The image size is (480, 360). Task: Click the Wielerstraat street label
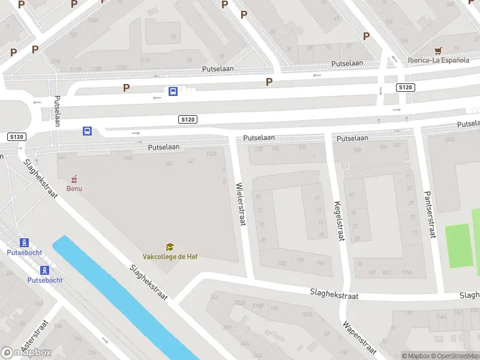point(241,205)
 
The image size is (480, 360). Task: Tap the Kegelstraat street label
point(339,220)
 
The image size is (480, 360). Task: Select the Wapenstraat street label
point(359,337)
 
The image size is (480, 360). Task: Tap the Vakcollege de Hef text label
point(170,257)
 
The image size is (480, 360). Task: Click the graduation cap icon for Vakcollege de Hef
point(170,247)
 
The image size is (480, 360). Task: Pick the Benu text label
point(74,188)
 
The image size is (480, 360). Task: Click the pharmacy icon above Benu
point(74,179)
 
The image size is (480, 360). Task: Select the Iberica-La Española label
point(439,60)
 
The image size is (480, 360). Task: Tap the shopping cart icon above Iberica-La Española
point(439,50)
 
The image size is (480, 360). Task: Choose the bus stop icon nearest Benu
point(87,131)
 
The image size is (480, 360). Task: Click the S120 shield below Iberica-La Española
point(406,88)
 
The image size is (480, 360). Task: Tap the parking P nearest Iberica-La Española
point(366,36)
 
